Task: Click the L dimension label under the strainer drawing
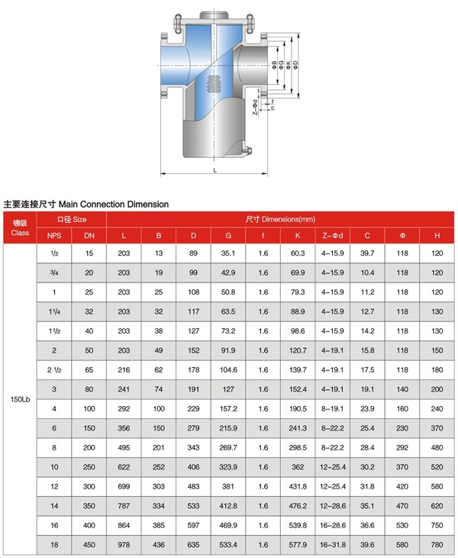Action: [214, 170]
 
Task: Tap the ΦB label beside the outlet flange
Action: [273, 67]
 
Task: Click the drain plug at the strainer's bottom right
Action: [247, 151]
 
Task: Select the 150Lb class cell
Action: [20, 399]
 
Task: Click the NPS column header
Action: [54, 235]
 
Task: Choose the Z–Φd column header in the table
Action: [333, 235]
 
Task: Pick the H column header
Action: [437, 235]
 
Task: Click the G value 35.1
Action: [228, 253]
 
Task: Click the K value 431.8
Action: [298, 485]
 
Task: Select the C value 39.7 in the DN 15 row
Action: [367, 253]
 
